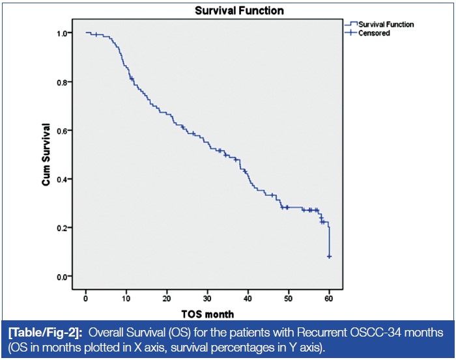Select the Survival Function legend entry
(385, 24)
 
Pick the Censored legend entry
(374, 33)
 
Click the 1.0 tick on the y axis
(63, 33)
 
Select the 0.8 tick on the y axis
(63, 82)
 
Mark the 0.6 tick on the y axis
(63, 131)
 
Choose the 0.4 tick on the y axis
(63, 179)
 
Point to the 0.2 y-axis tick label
(63, 228)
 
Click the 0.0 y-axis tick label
(63, 277)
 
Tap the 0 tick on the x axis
(86, 298)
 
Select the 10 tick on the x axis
(126, 298)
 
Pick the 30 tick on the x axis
(207, 298)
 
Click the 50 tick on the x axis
(289, 298)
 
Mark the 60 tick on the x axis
(329, 298)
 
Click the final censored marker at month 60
(329, 256)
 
